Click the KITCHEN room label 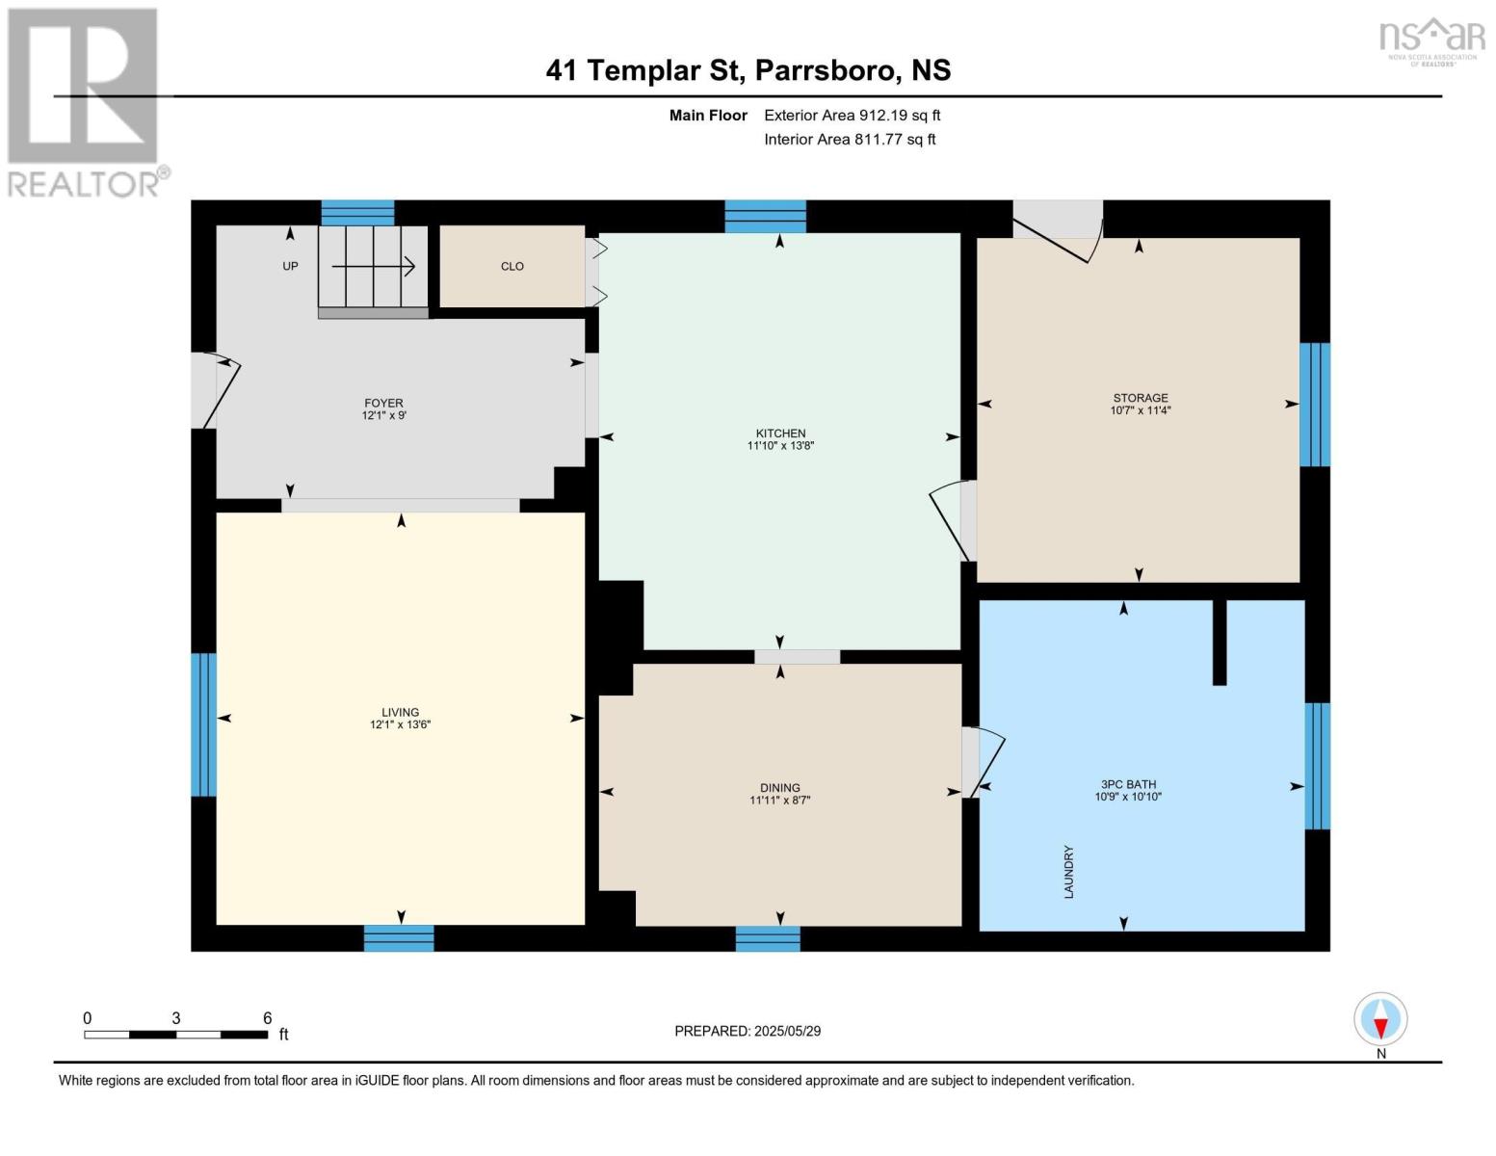[780, 433]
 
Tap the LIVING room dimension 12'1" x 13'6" [400, 725]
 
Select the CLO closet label [512, 267]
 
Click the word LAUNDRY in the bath [1068, 872]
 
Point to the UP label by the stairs [290, 267]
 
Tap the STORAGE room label [1141, 398]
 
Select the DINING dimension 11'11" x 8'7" [779, 801]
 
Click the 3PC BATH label [1128, 785]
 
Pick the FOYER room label [383, 404]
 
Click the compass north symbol [1380, 1020]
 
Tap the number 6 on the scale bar [267, 1018]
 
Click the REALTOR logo [85, 101]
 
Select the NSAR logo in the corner [1431, 39]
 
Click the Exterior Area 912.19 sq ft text [852, 116]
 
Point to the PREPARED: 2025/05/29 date [748, 1031]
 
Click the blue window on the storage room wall [1315, 405]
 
